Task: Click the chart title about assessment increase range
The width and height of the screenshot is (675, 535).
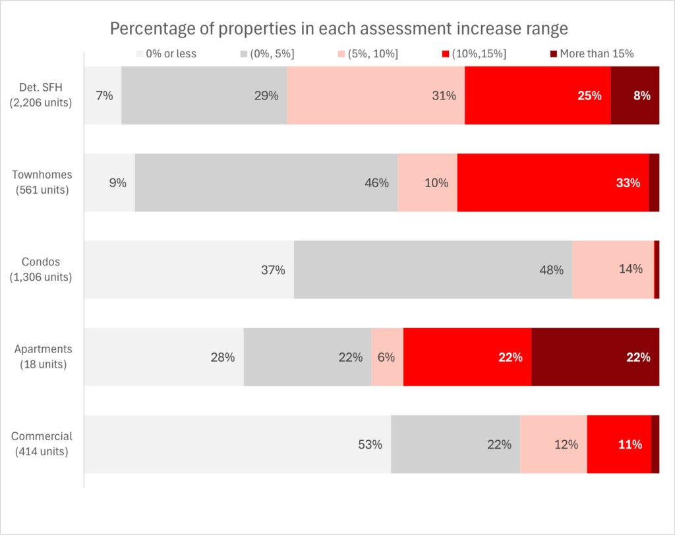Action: [x=338, y=29]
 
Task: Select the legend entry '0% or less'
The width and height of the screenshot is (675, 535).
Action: [x=167, y=53]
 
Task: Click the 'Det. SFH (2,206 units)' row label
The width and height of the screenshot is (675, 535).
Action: [x=41, y=95]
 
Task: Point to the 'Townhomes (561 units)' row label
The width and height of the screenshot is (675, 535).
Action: [x=41, y=183]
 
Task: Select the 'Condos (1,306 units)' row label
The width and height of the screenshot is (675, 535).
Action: [x=41, y=269]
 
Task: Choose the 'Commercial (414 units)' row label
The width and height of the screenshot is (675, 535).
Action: [x=41, y=443]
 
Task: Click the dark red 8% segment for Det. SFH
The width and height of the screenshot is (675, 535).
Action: [x=635, y=95]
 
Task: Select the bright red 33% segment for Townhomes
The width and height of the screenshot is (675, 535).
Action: [x=552, y=183]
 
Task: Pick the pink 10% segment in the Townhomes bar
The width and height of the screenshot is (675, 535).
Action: [x=427, y=183]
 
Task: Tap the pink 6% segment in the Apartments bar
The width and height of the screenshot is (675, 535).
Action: [x=387, y=356]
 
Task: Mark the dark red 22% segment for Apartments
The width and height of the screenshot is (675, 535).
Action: [x=595, y=356]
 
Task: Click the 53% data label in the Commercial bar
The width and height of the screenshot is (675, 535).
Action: [x=370, y=444]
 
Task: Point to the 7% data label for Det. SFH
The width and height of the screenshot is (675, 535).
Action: [x=104, y=96]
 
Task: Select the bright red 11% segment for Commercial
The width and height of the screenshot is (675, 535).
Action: [x=618, y=444]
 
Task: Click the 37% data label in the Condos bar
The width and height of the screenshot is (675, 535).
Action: [x=273, y=270]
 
